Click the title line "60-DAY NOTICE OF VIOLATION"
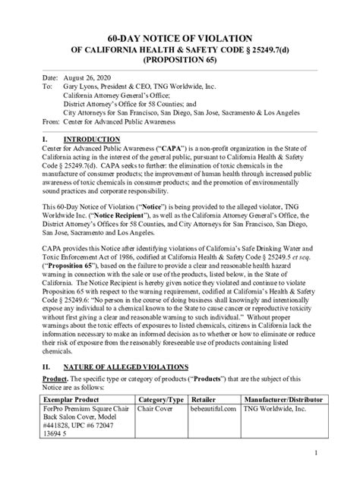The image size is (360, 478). (179, 39)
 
